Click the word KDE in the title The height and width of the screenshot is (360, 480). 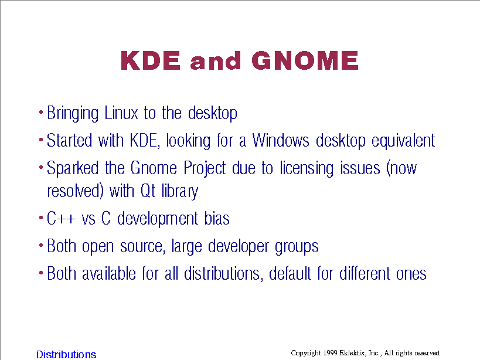pyautogui.click(x=151, y=60)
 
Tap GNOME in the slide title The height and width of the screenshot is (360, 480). pyautogui.click(x=305, y=60)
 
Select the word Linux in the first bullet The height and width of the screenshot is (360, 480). pyautogui.click(x=121, y=113)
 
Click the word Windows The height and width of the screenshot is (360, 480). pyautogui.click(x=281, y=141)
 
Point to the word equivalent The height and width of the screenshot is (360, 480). pyautogui.click(x=403, y=141)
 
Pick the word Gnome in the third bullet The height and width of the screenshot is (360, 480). pyautogui.click(x=154, y=168)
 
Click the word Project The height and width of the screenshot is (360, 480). pyautogui.click(x=205, y=169)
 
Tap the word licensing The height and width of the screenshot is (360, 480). pyautogui.click(x=307, y=169)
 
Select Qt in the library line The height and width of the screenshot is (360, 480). pyautogui.click(x=148, y=191)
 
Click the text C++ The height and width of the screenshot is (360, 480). pyautogui.click(x=60, y=219)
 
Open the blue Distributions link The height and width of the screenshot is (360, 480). pyautogui.click(x=66, y=355)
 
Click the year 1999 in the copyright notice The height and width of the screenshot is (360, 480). pyautogui.click(x=330, y=353)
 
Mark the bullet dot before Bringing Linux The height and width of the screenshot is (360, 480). pyautogui.click(x=41, y=113)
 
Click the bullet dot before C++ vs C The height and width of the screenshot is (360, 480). pyautogui.click(x=41, y=218)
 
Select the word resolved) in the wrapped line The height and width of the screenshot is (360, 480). pyautogui.click(x=75, y=191)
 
